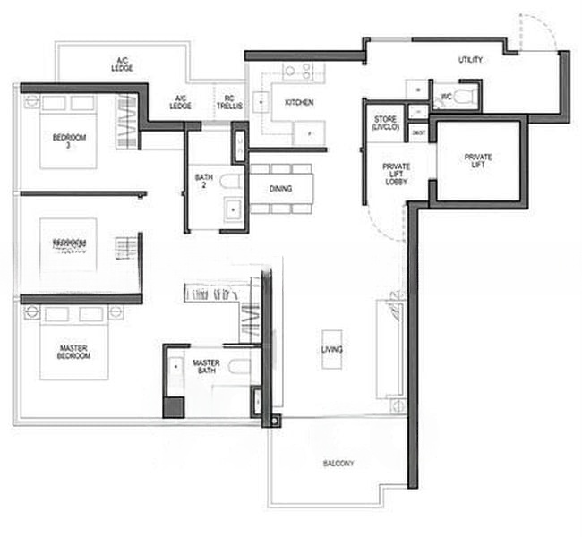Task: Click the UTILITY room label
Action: [x=470, y=60]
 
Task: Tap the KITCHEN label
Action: [x=299, y=103]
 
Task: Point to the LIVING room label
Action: [x=332, y=349]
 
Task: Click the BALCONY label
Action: [x=338, y=464]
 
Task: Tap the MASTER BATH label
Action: [x=207, y=366]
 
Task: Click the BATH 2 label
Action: [x=203, y=182]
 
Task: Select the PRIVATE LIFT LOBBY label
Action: [x=397, y=173]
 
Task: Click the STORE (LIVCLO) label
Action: [x=383, y=124]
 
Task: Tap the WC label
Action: [x=445, y=96]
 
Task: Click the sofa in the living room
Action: [x=391, y=348]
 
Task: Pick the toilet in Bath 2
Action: [x=230, y=184]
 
